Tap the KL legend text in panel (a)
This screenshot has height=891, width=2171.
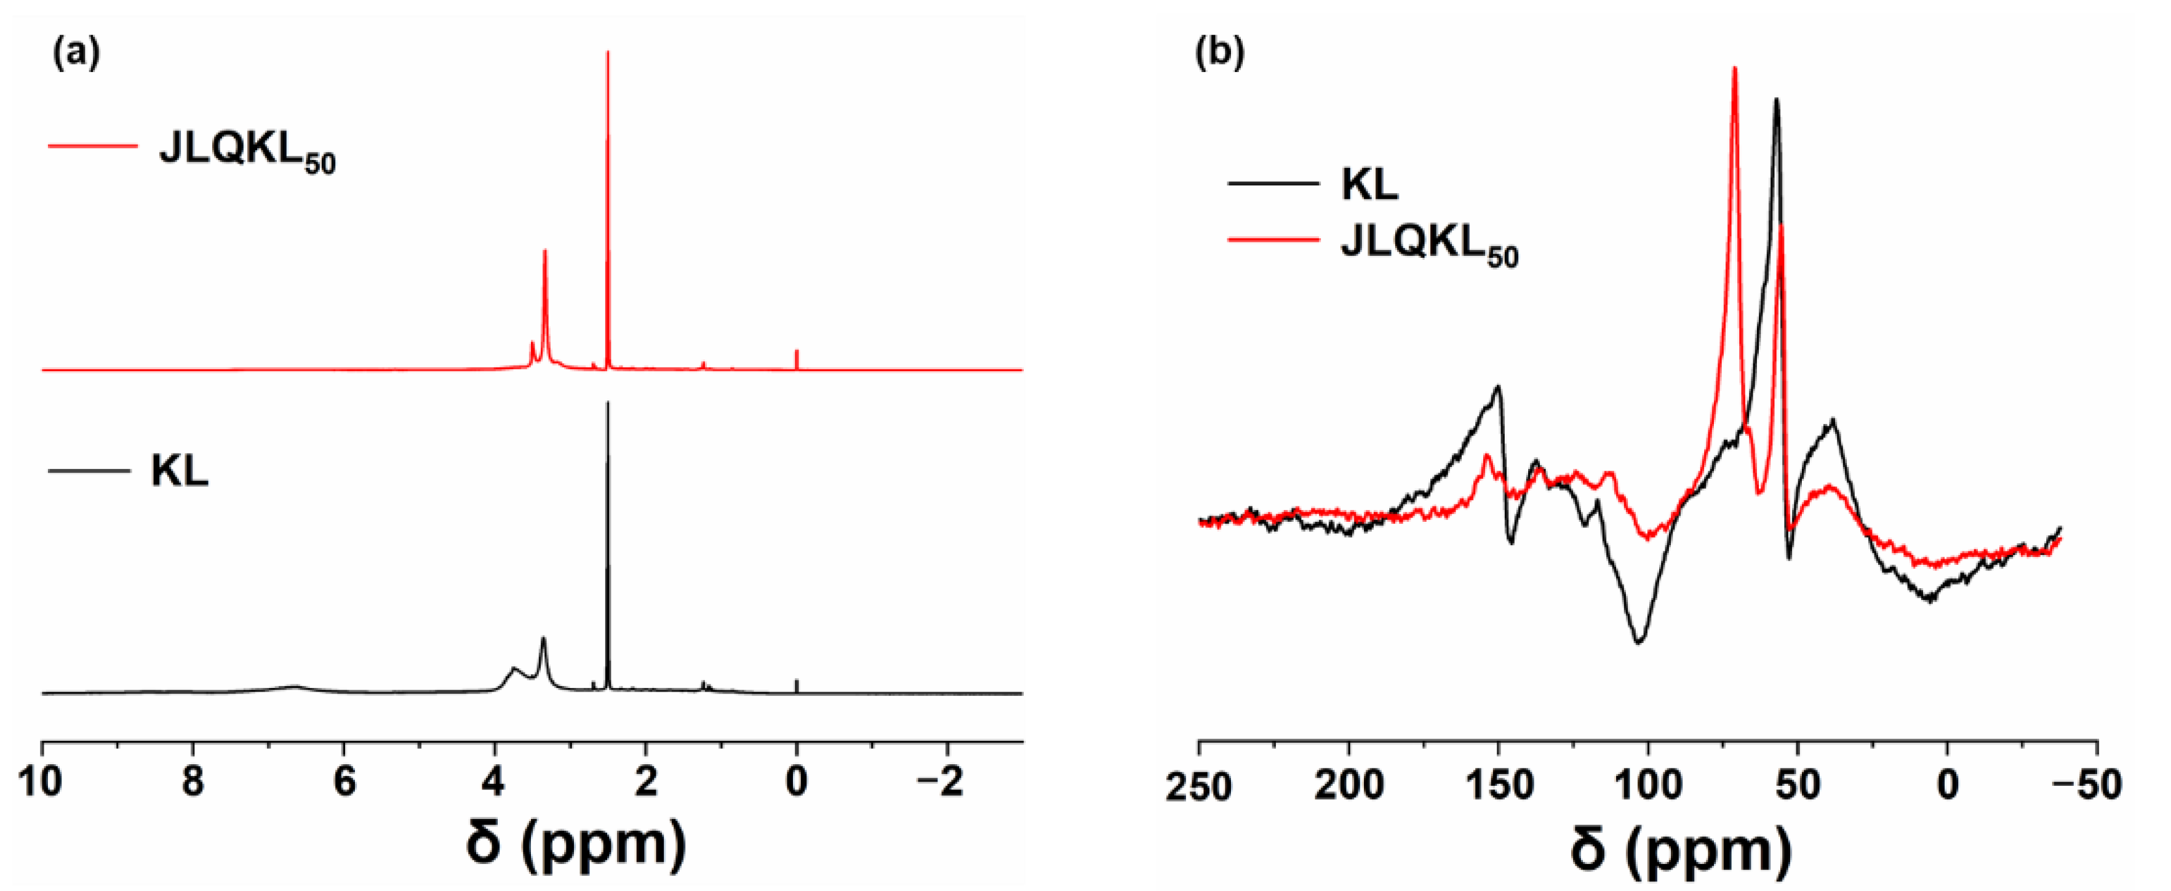[x=180, y=471]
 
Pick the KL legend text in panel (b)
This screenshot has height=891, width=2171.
[x=1369, y=184]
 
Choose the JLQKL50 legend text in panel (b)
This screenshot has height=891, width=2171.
[x=1429, y=246]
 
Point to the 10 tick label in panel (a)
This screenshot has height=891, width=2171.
[x=41, y=782]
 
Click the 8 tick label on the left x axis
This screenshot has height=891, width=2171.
[x=193, y=782]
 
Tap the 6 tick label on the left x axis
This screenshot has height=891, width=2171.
[x=344, y=782]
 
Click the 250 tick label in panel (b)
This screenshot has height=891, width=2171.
[x=1198, y=786]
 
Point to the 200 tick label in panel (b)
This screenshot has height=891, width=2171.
[x=1348, y=786]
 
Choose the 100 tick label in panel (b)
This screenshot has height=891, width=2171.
[x=1647, y=786]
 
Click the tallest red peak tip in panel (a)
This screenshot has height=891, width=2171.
[x=608, y=52]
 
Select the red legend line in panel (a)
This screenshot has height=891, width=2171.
[x=93, y=146]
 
